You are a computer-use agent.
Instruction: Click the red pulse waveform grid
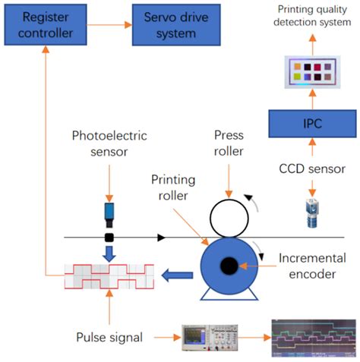point(108,278)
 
